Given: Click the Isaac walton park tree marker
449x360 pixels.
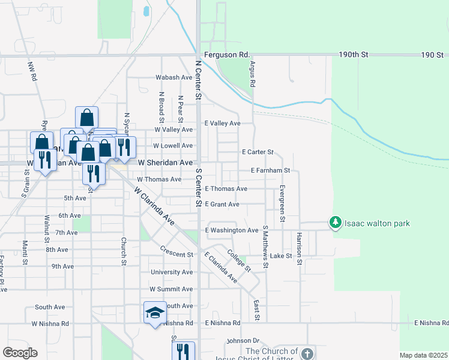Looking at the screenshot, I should (x=335, y=223).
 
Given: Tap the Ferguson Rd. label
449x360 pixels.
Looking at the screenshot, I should (x=226, y=55).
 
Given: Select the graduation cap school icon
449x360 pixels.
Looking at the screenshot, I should (x=155, y=313).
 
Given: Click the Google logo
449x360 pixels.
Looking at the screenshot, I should (x=20, y=353).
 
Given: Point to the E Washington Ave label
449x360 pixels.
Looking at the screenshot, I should (x=232, y=230).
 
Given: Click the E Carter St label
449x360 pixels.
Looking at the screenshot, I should (x=258, y=152).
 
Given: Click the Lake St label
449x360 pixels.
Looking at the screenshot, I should (x=280, y=256).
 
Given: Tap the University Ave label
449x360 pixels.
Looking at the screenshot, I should (x=172, y=272).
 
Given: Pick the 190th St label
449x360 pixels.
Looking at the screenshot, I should (x=353, y=55).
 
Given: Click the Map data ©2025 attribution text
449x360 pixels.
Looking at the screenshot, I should (x=423, y=355).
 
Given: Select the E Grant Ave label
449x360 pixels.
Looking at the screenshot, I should (x=222, y=205).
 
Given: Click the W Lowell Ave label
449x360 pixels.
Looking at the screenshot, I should (x=173, y=146).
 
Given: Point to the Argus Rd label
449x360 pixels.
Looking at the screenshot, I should (x=253, y=74).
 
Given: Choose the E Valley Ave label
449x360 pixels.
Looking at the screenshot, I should (x=223, y=124).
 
